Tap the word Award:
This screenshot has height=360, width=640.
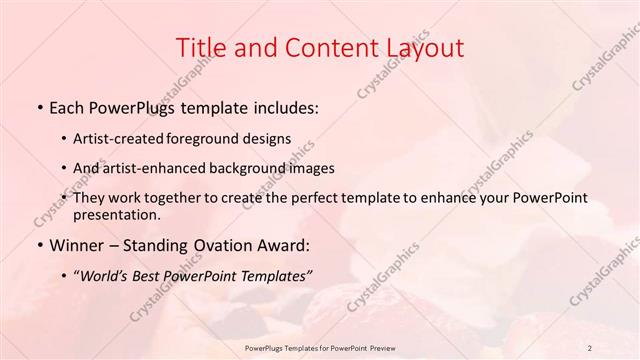286,245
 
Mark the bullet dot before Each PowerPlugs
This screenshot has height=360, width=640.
39,105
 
